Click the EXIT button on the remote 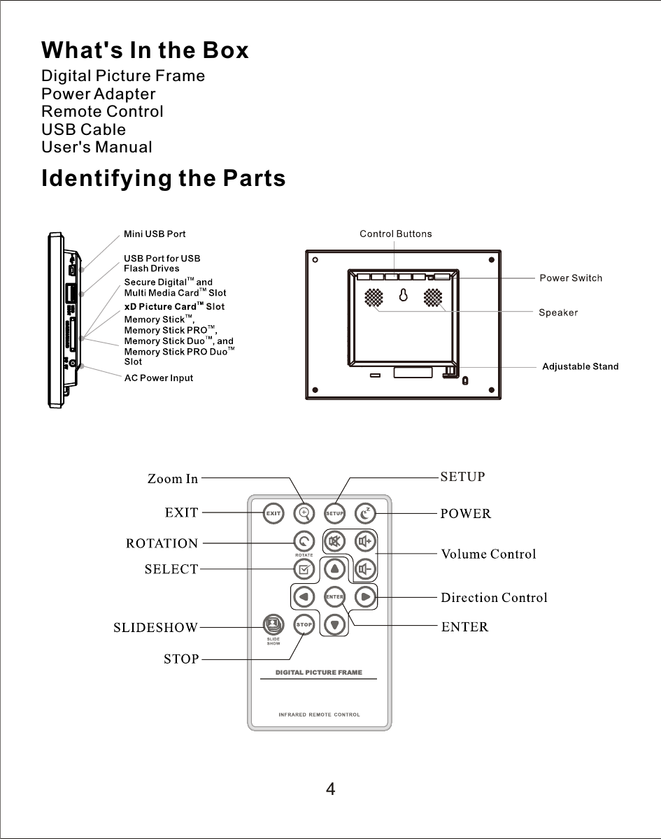pyautogui.click(x=273, y=513)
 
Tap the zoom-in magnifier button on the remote pyautogui.click(x=304, y=513)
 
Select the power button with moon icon pyautogui.click(x=365, y=513)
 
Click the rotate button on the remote pyautogui.click(x=304, y=541)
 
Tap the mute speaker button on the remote pyautogui.click(x=334, y=541)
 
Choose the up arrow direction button pyautogui.click(x=334, y=569)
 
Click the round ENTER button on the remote pyautogui.click(x=334, y=596)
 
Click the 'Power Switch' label pyautogui.click(x=570, y=278)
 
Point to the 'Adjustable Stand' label pyautogui.click(x=580, y=366)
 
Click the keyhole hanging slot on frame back pyautogui.click(x=403, y=296)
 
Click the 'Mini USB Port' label pyautogui.click(x=155, y=234)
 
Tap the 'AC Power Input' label pyautogui.click(x=158, y=378)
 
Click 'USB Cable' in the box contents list pyautogui.click(x=84, y=129)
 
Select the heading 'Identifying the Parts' pyautogui.click(x=164, y=179)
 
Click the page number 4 pyautogui.click(x=330, y=790)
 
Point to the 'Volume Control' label pyautogui.click(x=488, y=554)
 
